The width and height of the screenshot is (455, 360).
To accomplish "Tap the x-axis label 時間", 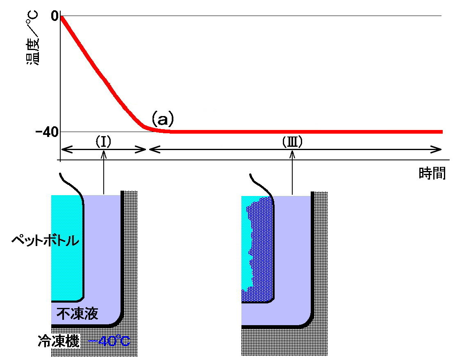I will (432, 174).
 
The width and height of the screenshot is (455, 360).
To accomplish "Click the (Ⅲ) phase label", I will (292, 142).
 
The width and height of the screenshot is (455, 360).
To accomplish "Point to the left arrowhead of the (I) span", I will (64, 150).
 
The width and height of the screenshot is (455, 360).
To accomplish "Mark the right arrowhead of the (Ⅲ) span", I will (438, 150).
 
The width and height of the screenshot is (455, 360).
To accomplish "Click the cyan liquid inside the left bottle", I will (66, 246).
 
